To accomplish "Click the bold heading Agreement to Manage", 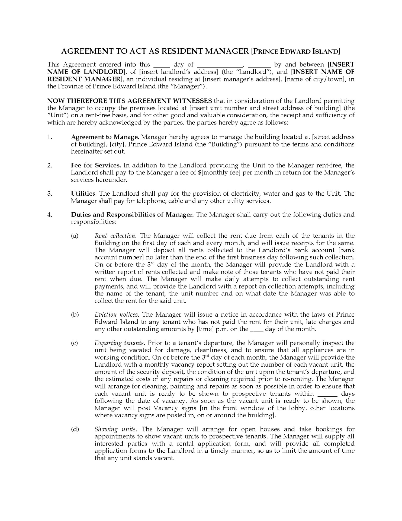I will [x=105, y=137].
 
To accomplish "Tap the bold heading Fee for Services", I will [x=96, y=165].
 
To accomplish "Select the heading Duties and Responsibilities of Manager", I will [x=132, y=215].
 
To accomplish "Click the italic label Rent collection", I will [x=115, y=236].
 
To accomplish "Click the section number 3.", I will [x=50, y=193].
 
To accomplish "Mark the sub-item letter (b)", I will [x=75, y=315].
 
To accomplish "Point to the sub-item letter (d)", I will [x=75, y=429].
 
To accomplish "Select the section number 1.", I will [x=50, y=137].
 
